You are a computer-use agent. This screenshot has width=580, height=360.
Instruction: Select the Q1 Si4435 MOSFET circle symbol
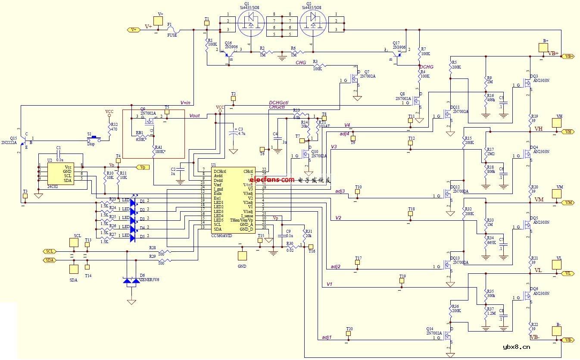pyautogui.click(x=251, y=24)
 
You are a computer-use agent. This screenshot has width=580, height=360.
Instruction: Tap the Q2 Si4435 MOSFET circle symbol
pyautogui.click(x=313, y=24)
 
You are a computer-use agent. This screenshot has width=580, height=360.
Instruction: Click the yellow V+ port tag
pyautogui.click(x=134, y=29)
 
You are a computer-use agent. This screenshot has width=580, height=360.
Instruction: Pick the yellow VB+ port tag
pyautogui.click(x=568, y=56)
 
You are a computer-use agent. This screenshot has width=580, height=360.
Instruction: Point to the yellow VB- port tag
pyautogui.click(x=568, y=340)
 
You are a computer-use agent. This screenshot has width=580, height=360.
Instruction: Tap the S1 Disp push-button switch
pyautogui.click(x=94, y=139)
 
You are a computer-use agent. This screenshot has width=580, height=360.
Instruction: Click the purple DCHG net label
pyautogui.click(x=426, y=67)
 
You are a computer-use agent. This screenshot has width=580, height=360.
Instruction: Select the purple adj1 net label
pyautogui.click(x=327, y=337)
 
